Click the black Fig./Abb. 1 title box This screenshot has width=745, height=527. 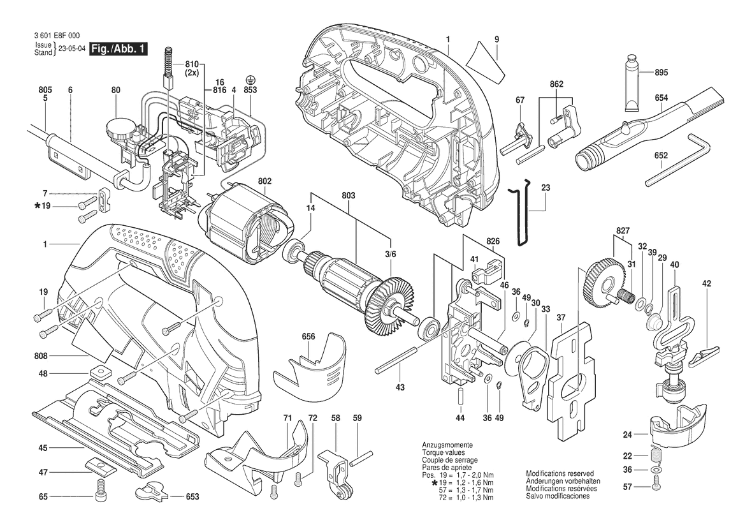[119, 48]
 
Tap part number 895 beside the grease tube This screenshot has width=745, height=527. [661, 72]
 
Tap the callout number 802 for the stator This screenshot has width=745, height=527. [264, 181]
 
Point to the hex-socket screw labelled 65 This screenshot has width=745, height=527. [100, 487]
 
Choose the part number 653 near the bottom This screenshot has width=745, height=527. [192, 497]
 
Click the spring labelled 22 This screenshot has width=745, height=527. [656, 454]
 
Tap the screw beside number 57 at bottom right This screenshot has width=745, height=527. [656, 487]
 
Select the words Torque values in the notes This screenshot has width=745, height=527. [444, 453]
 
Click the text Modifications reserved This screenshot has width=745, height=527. [560, 474]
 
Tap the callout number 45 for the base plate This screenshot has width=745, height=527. [43, 448]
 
